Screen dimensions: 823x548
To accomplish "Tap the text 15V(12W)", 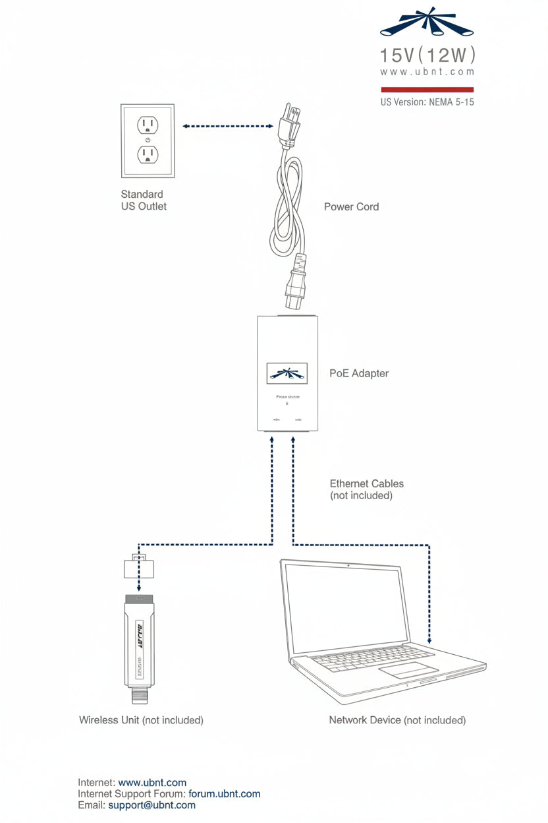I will (x=427, y=55).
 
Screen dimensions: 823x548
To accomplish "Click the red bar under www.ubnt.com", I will (x=427, y=89).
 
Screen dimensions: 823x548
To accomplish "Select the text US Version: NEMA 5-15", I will (x=427, y=102).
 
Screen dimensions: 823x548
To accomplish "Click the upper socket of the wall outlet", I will (x=148, y=125).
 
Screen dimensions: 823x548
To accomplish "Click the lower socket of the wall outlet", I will (x=148, y=154).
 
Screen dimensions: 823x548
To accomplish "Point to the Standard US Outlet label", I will (x=144, y=200).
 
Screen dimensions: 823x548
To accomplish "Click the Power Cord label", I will (x=351, y=206).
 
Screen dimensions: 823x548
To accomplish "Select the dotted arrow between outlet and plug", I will (x=227, y=126).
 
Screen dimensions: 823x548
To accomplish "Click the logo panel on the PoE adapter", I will (x=287, y=373).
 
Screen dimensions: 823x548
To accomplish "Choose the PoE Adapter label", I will (x=359, y=373).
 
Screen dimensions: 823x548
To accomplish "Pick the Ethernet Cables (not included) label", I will (x=366, y=489).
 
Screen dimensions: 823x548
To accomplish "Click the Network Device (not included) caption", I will (x=397, y=720).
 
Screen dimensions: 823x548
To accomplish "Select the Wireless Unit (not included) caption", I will (x=141, y=720).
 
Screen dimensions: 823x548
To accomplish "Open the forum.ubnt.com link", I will (x=224, y=794).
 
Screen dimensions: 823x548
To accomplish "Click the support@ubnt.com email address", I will (x=151, y=805).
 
